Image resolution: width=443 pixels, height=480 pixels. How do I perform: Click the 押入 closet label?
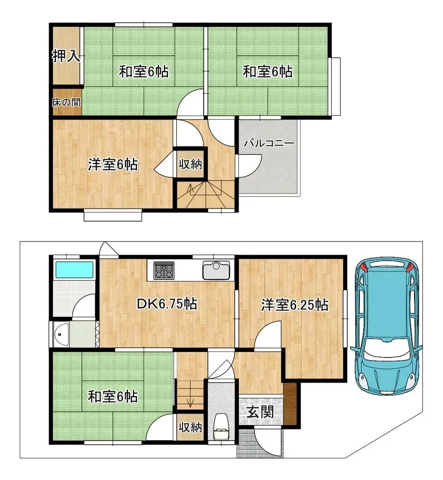pyautogui.click(x=66, y=56)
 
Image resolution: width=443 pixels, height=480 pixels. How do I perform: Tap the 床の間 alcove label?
pyautogui.click(x=66, y=102)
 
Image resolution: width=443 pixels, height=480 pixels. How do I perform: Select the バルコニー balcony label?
pyautogui.click(x=268, y=143)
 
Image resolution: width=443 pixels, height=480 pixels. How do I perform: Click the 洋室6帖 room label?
pyautogui.click(x=113, y=165)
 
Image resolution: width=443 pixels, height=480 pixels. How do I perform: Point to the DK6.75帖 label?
pyautogui.click(x=167, y=304)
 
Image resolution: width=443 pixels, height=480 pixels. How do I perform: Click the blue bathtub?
pyautogui.click(x=74, y=270)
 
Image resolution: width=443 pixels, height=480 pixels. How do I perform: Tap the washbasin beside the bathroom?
pyautogui.click(x=61, y=334)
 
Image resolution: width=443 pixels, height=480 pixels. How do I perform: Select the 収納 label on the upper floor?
pyautogui.click(x=190, y=165)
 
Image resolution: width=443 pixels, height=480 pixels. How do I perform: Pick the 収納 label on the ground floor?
pyautogui.click(x=190, y=427)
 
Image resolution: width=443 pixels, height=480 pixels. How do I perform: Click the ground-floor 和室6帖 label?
pyautogui.click(x=113, y=397)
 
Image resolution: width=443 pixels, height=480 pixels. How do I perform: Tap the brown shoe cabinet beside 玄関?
pyautogui.click(x=290, y=404)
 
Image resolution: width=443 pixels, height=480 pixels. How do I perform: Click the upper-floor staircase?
pyautogui.click(x=206, y=194)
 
